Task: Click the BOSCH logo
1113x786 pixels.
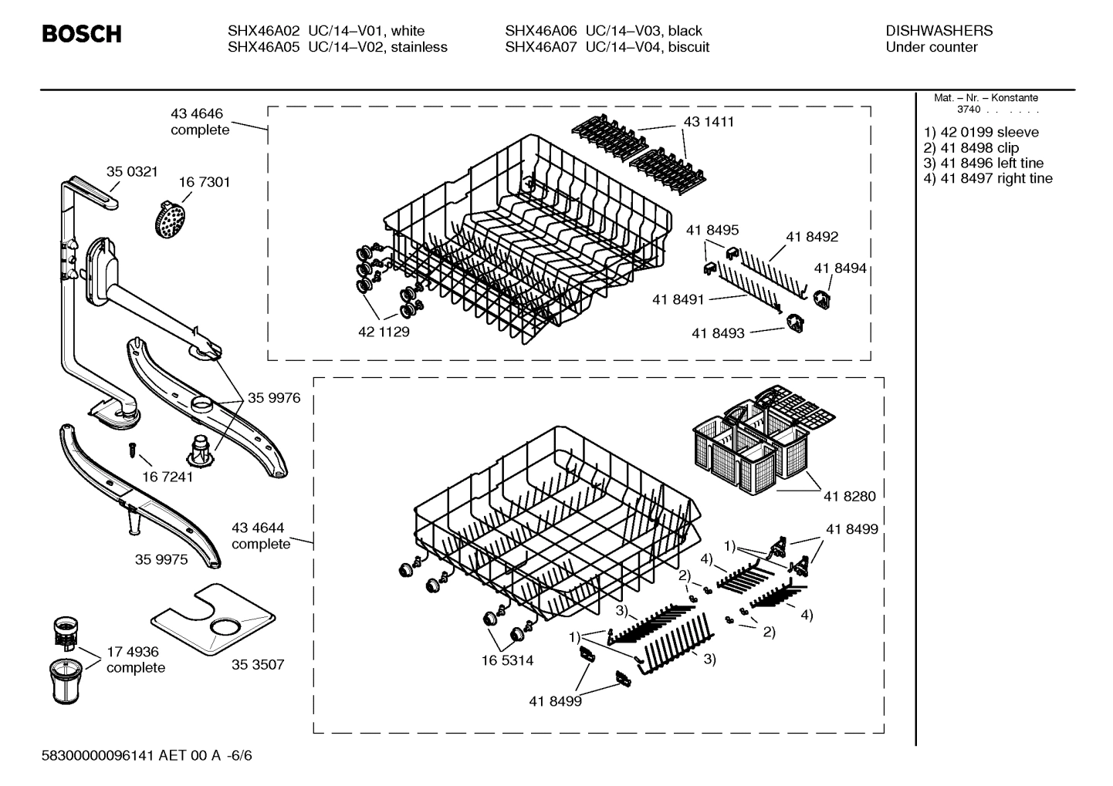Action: pos(81,35)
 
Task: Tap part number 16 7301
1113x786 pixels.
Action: pos(204,182)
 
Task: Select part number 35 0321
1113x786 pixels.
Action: pos(131,171)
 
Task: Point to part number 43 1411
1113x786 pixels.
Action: pos(709,122)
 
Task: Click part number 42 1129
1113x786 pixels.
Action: pos(384,332)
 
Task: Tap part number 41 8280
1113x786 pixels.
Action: pos(849,496)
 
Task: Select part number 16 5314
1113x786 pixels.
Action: pos(507,660)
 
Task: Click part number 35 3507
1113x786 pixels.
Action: pos(258,664)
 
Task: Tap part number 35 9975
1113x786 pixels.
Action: pos(161,559)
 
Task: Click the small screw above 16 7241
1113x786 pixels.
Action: pos(132,448)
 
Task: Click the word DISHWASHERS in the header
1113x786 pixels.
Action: pos(939,31)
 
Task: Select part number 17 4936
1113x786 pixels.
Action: pos(132,652)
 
